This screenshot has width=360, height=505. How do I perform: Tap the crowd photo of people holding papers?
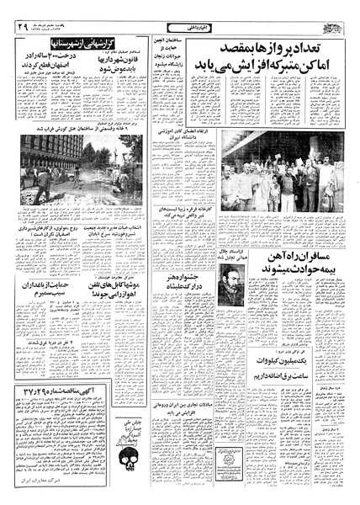point(274,177)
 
